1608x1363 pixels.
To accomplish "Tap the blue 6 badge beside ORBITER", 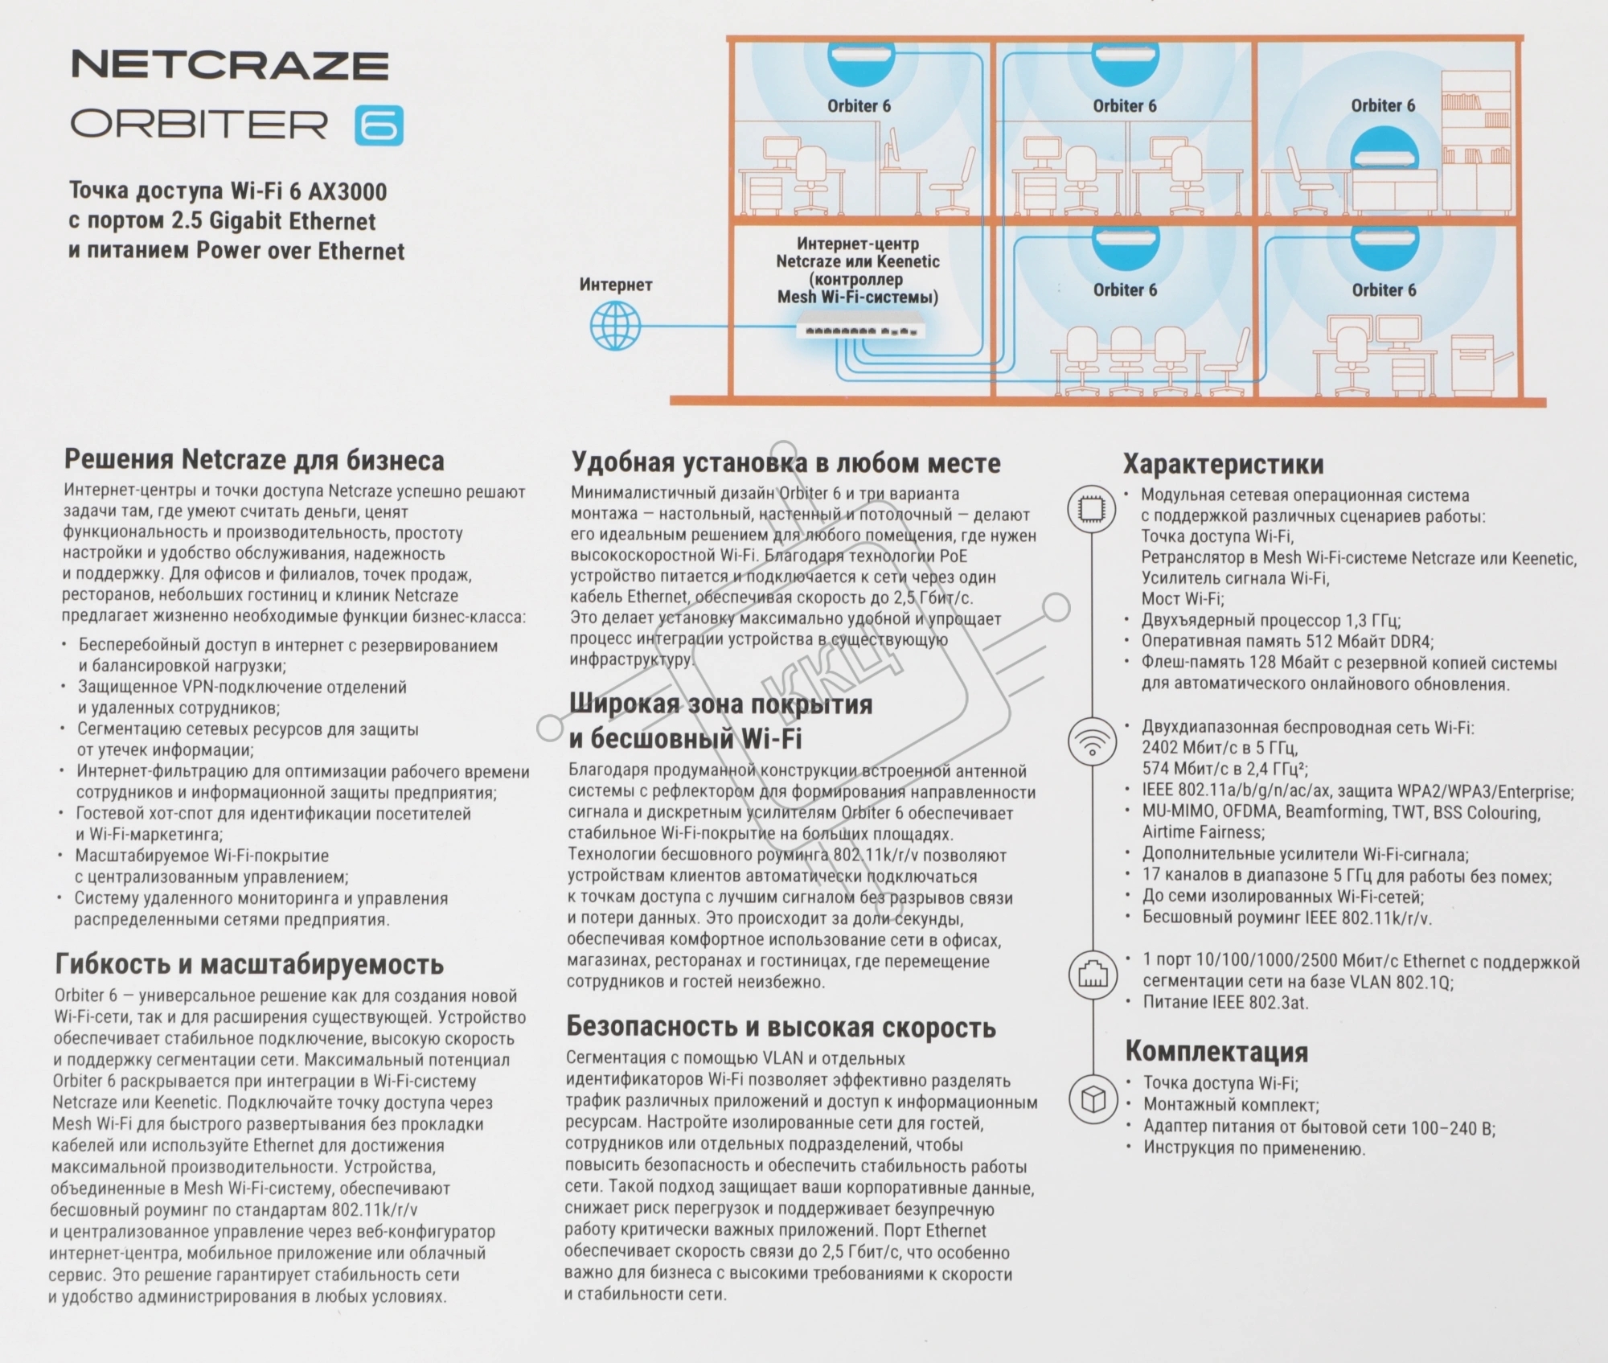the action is pos(379,126).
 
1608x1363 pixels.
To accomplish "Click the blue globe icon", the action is pos(616,326).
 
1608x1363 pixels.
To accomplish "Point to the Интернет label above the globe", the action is pos(616,285).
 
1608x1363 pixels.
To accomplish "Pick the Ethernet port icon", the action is pos(1093,975).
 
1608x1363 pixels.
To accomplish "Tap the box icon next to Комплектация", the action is pos(1093,1099).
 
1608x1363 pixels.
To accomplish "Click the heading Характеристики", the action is pos(1223,464).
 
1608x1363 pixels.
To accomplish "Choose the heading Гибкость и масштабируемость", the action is pos(249,963).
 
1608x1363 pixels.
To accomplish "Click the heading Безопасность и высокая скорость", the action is pos(781,1027).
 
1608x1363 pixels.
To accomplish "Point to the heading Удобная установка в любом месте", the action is pos(786,462).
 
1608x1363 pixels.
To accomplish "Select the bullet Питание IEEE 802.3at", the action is pos(1225,1003).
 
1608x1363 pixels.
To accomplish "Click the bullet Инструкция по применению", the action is pos(1254,1148).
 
